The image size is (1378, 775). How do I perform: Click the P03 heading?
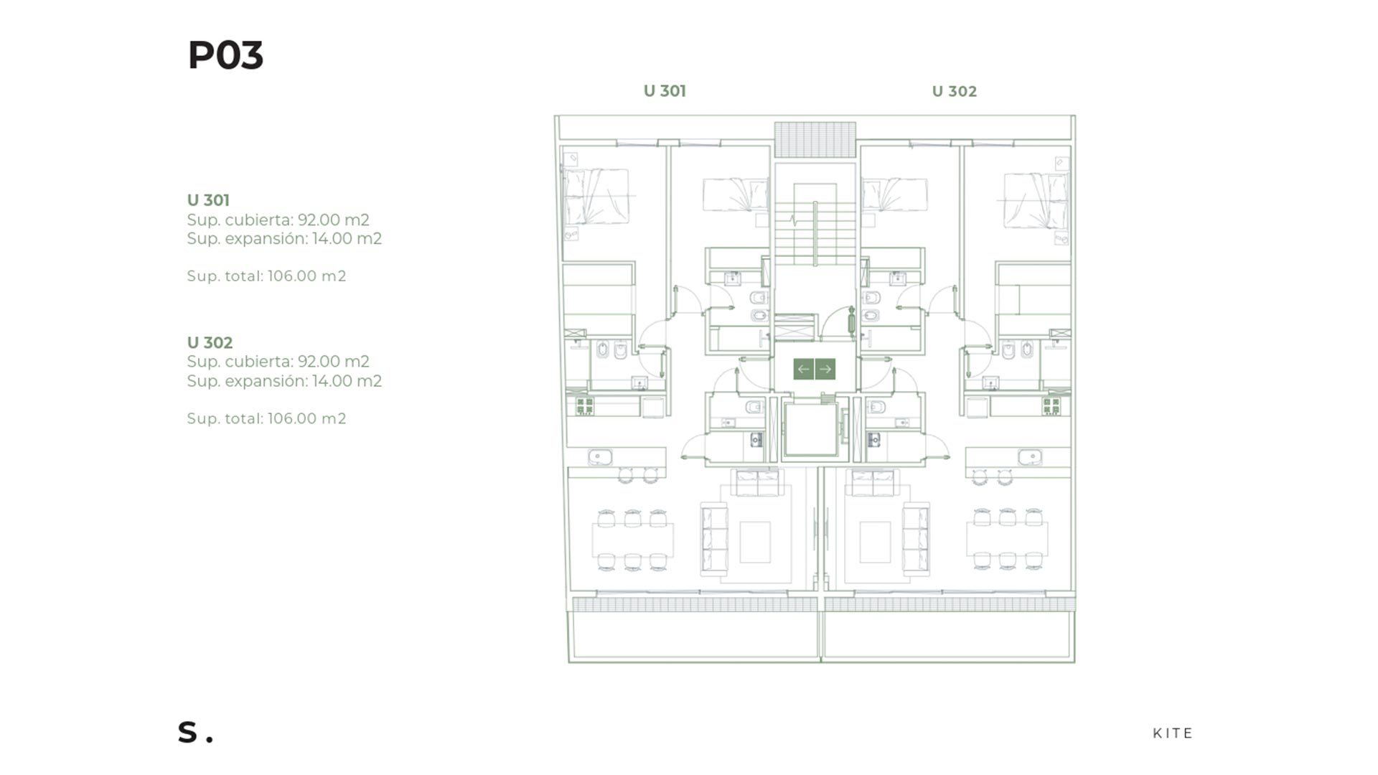[225, 55]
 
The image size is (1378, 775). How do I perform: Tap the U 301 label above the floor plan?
[665, 91]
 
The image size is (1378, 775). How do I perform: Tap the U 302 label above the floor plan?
[954, 91]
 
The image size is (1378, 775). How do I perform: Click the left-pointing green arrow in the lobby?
[804, 369]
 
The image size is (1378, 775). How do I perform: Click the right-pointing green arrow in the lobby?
[825, 369]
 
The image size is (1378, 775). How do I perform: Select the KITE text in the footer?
[1173, 733]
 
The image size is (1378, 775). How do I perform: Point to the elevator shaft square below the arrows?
[811, 430]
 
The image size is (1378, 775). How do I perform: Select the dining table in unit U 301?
[632, 540]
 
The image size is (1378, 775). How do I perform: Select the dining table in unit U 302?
[1007, 540]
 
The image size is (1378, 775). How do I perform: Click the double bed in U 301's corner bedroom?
[596, 196]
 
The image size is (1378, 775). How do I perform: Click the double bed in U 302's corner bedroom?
[1036, 200]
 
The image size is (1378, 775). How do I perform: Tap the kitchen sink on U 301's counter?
[600, 457]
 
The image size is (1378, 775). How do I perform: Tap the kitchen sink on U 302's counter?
[1030, 457]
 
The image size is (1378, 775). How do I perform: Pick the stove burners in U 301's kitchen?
[584, 406]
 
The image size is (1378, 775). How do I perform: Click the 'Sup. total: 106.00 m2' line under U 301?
[266, 276]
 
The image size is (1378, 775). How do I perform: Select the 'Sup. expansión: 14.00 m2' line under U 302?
[284, 381]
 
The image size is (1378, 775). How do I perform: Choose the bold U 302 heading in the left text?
[210, 343]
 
